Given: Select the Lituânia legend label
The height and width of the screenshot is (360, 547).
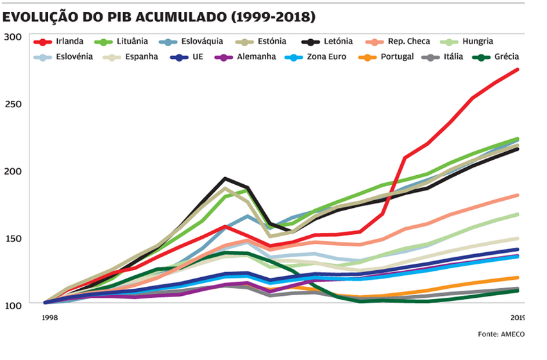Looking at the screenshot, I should point(132,42).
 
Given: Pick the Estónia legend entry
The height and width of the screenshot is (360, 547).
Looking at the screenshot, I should point(272,42).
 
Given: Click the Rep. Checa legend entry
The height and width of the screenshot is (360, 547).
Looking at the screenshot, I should point(408,42).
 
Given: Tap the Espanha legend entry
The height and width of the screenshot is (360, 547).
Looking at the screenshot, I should point(142,56).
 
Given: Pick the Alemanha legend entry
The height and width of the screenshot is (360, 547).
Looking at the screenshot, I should point(256,56).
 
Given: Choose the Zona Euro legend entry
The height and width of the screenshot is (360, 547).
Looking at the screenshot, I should point(326,56).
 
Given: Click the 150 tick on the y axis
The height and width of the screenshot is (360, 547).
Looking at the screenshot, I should point(12,238).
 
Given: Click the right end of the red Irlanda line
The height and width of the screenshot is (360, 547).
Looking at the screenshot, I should point(518,69).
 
